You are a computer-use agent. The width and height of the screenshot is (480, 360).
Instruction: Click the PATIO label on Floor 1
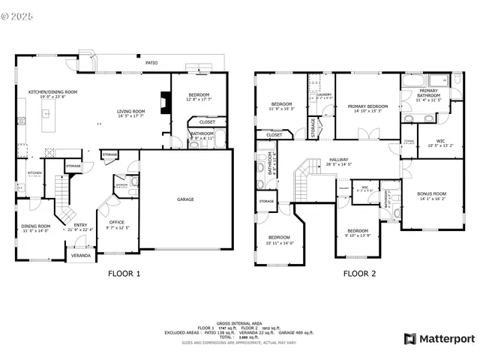(x=151, y=63)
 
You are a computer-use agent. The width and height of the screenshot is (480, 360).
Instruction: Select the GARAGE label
(x=185, y=199)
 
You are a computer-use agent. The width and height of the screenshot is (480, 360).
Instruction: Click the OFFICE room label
(x=116, y=223)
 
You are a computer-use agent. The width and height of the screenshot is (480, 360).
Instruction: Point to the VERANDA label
(x=80, y=255)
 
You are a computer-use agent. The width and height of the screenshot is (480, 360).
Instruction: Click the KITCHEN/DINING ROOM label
(x=52, y=93)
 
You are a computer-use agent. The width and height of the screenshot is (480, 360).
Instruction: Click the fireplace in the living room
(x=164, y=102)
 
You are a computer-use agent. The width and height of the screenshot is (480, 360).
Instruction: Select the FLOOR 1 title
(x=124, y=274)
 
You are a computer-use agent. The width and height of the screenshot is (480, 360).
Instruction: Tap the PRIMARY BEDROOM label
(x=367, y=107)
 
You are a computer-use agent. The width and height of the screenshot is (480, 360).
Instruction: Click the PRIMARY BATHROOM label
(x=429, y=94)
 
